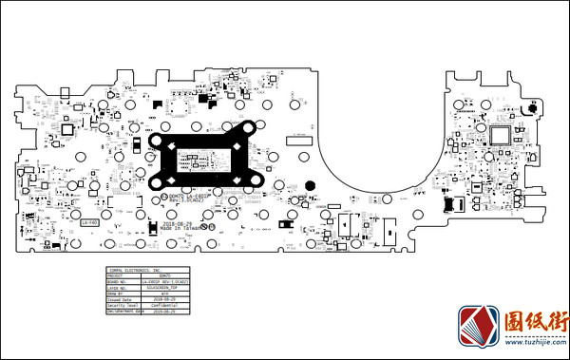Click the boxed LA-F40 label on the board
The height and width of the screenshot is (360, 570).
[90, 222]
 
